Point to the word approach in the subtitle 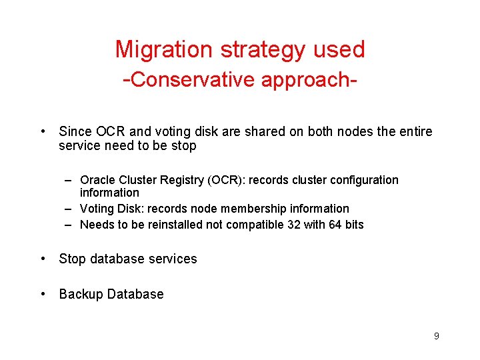305,79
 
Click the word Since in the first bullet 74,131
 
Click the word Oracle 97,180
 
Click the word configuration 363,180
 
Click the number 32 293,225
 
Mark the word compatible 254,225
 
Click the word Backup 82,294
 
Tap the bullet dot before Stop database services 43,259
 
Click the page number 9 436,336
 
